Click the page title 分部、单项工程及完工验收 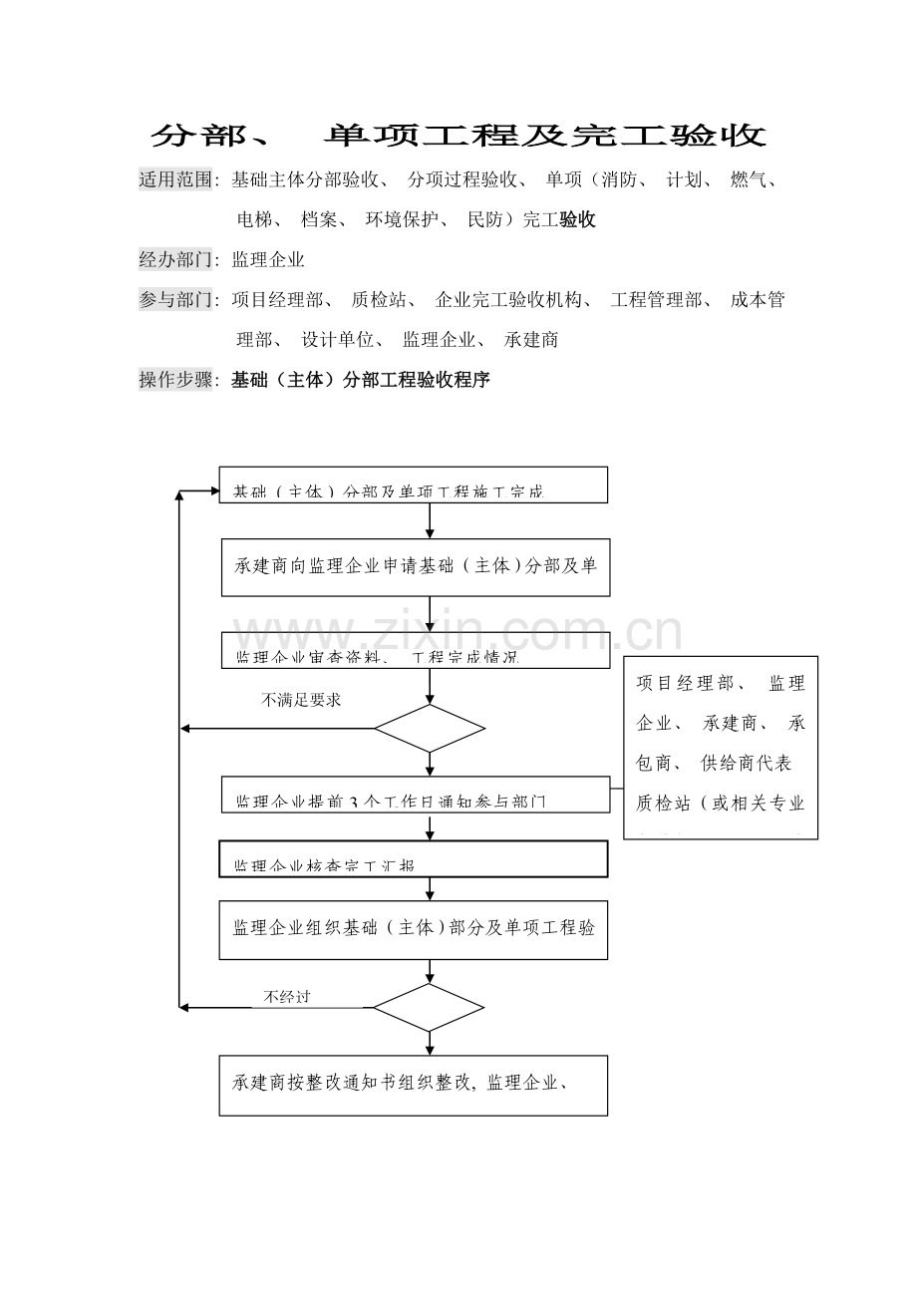[x=458, y=137]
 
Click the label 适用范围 [x=176, y=180]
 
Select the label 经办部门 [x=176, y=260]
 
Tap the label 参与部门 [x=176, y=300]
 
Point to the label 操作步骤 [x=176, y=380]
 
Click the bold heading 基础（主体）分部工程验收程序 [x=360, y=380]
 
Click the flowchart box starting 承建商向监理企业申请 [x=415, y=567]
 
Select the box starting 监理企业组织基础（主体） [x=413, y=929]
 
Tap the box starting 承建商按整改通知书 [x=413, y=1085]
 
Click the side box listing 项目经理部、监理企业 [x=720, y=747]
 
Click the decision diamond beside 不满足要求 [x=429, y=729]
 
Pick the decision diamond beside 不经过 [x=429, y=1008]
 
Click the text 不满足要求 [x=301, y=700]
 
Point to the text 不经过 [x=286, y=996]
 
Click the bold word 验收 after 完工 [x=578, y=220]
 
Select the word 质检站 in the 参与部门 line [x=377, y=300]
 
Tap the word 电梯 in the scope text [x=252, y=220]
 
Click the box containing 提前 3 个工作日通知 [x=415, y=795]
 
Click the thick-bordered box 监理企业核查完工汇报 [x=413, y=859]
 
